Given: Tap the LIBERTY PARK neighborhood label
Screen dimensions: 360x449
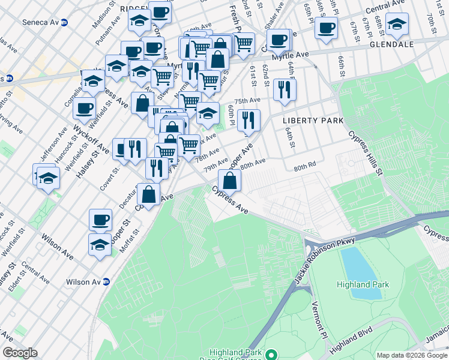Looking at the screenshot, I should pyautogui.click(x=313, y=121).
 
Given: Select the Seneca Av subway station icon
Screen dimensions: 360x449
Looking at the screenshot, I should pyautogui.click(x=64, y=23).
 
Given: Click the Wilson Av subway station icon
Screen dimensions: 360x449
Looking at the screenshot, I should pyautogui.click(x=106, y=281).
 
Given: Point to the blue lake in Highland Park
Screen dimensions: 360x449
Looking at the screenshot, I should pyautogui.click(x=361, y=272).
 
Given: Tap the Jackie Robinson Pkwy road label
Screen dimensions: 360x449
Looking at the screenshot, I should pyautogui.click(x=330, y=245).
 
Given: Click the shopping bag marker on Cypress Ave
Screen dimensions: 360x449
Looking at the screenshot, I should pyautogui.click(x=229, y=179).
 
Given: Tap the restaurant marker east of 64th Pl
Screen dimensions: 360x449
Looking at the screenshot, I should pyautogui.click(x=284, y=89).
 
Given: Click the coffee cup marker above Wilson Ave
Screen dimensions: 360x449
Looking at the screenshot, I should pyautogui.click(x=100, y=219).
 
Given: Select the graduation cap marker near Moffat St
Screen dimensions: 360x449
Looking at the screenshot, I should pyautogui.click(x=100, y=244).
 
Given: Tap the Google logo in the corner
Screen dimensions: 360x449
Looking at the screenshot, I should pyautogui.click(x=20, y=353).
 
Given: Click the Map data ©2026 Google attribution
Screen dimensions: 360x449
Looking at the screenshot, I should pyautogui.click(x=411, y=355).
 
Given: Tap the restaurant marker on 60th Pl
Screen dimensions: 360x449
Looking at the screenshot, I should pyautogui.click(x=248, y=120).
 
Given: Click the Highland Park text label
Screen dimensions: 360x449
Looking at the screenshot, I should pyautogui.click(x=363, y=284).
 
